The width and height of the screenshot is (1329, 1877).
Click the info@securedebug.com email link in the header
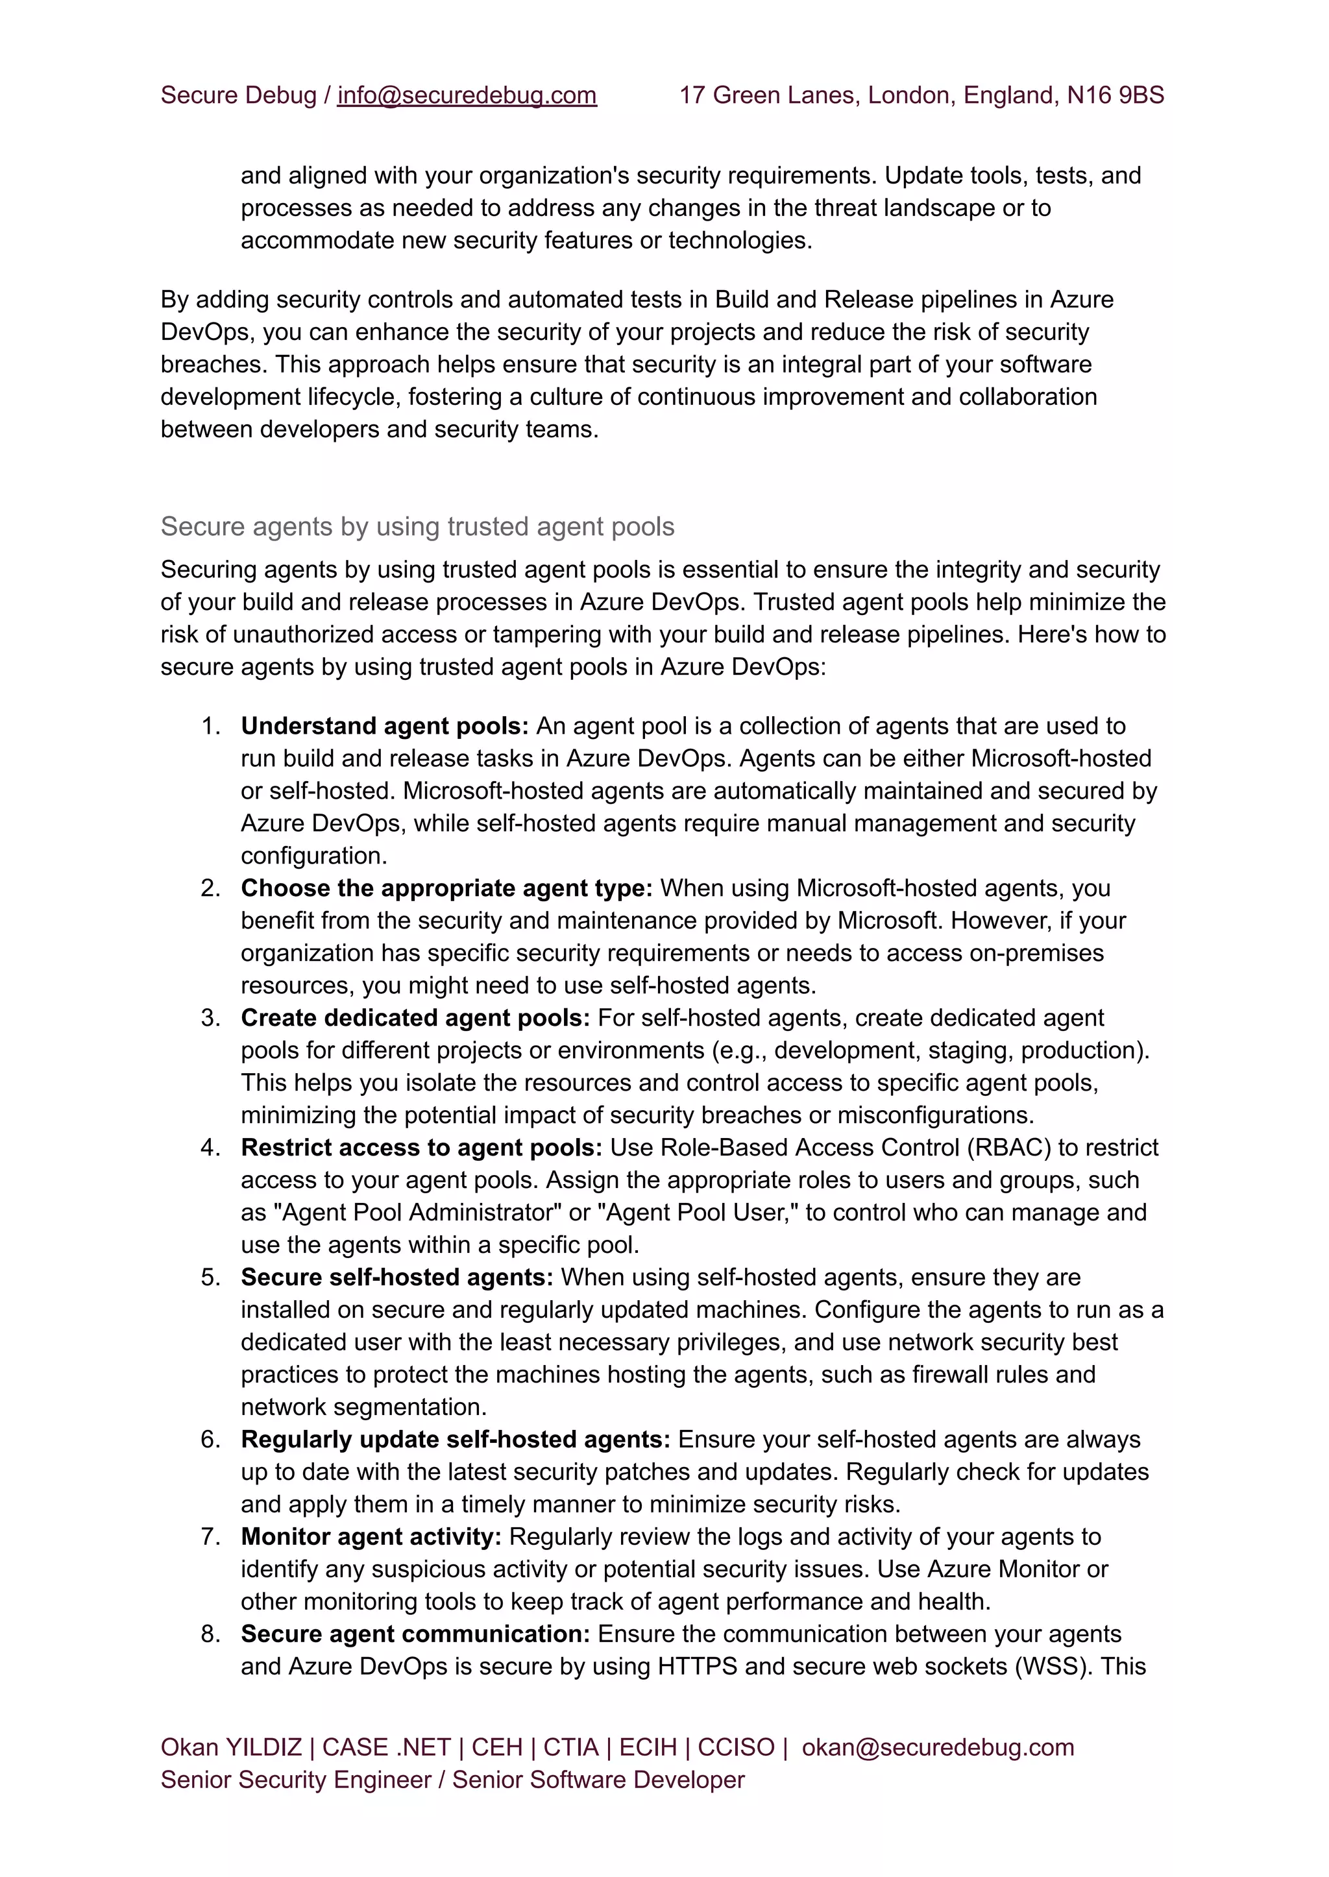467,96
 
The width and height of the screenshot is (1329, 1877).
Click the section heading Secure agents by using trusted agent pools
417,527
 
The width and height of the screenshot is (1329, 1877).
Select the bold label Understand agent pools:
385,727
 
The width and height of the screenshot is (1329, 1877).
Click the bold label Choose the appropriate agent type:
446,889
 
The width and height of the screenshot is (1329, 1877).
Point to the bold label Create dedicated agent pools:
415,1018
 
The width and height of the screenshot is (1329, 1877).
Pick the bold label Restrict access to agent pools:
421,1148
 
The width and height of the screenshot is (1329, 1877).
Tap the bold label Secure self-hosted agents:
397,1278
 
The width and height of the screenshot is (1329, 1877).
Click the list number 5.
210,1278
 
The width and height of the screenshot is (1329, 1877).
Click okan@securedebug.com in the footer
937,1748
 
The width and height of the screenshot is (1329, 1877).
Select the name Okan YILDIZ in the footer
231,1748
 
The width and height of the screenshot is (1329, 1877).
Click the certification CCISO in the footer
736,1748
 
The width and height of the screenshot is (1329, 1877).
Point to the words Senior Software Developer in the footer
598,1780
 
